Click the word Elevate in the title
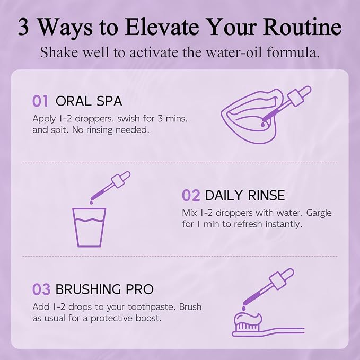coord(162,27)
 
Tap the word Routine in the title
coord(302,27)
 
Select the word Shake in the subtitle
coord(59,52)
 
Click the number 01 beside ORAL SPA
coord(40,101)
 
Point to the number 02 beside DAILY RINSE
coord(191,196)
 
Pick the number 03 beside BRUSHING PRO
coord(41,289)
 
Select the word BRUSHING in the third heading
coord(88,289)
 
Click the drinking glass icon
coord(89,227)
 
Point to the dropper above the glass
coord(110,187)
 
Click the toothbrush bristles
coord(247,326)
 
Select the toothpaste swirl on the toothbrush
coord(248,318)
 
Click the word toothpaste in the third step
coord(152,307)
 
